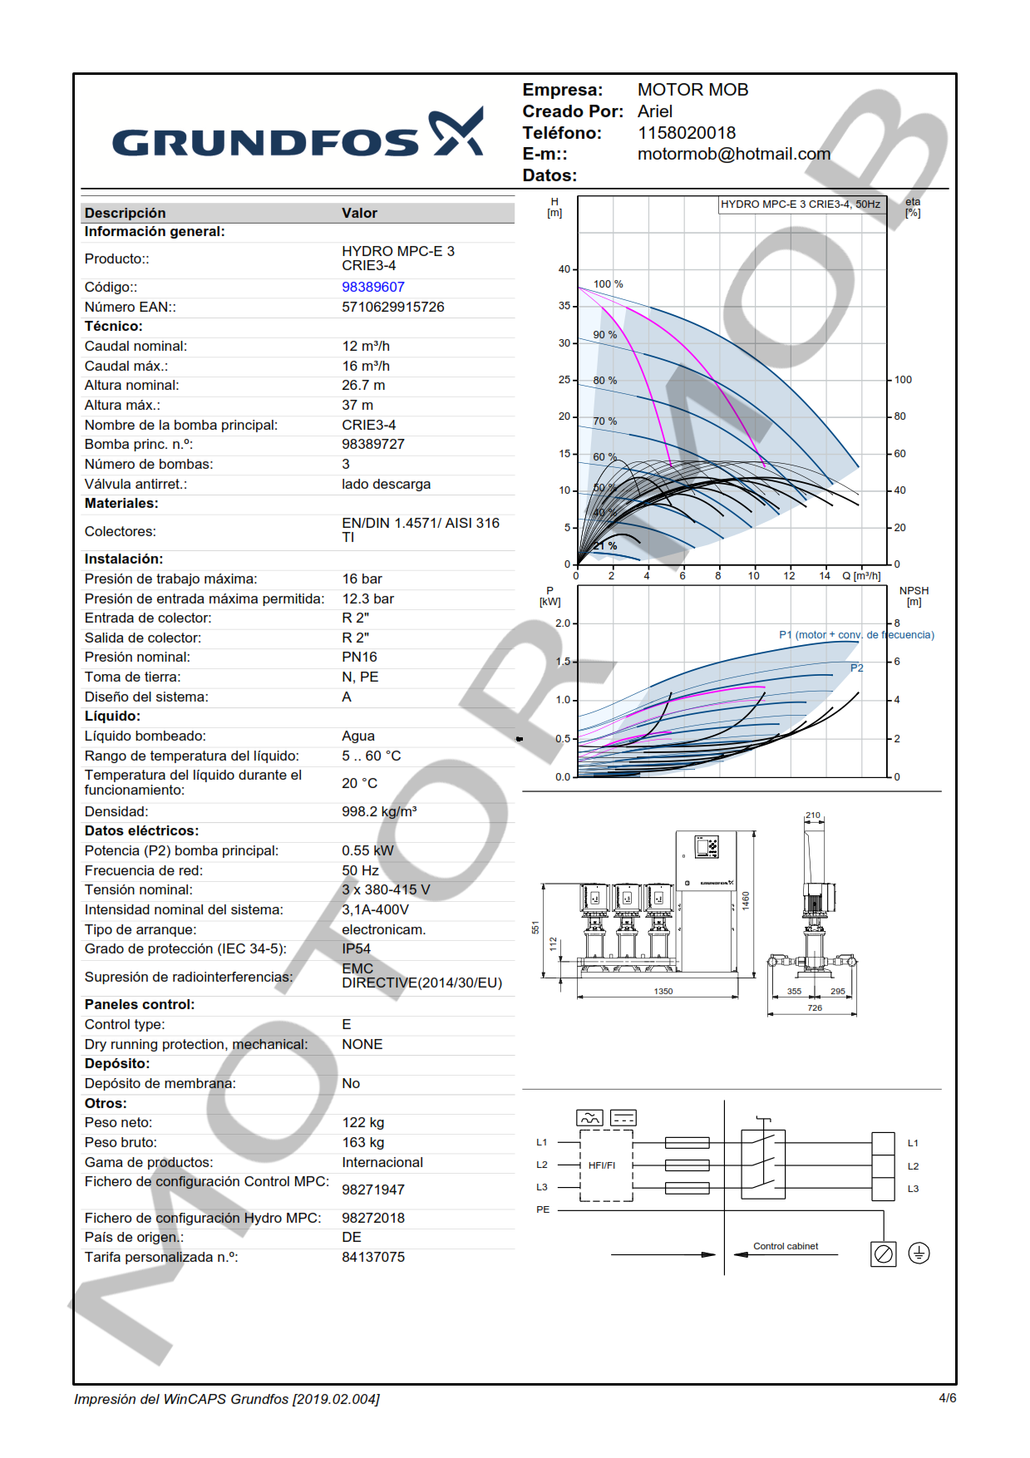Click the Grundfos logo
tap(298, 134)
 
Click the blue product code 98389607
tap(372, 287)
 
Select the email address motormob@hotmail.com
tap(733, 154)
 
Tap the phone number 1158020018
tap(686, 133)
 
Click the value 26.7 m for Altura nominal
tap(363, 385)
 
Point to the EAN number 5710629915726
tap(392, 307)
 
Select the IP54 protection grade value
tap(356, 948)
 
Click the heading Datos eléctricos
tap(141, 830)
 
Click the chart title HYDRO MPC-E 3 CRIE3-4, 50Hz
tap(800, 204)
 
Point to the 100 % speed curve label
tap(608, 284)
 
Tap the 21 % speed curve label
tap(605, 546)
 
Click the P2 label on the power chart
tap(856, 668)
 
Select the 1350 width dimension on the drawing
tap(663, 991)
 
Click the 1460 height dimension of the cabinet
tap(746, 899)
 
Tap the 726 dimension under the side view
tap(814, 1007)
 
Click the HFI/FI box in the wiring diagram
tap(603, 1165)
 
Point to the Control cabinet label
tap(785, 1246)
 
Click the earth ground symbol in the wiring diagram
tap(918, 1253)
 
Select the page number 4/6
tap(947, 1398)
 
